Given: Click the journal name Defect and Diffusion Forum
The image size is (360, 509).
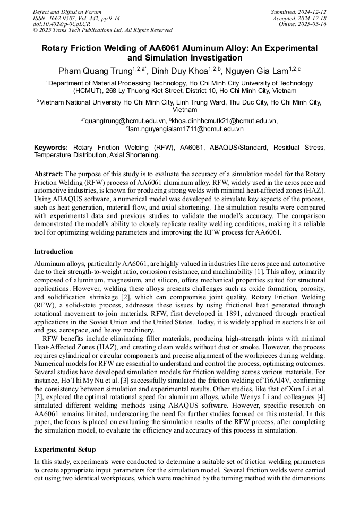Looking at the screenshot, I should click(x=67, y=12).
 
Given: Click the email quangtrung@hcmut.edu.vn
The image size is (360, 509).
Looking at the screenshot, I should click(x=126, y=121).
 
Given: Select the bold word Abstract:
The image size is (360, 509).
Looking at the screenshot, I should click(x=48, y=174).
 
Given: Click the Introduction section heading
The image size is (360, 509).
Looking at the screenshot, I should click(x=54, y=251).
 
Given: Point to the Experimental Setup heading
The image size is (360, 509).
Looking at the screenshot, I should click(x=65, y=450).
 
